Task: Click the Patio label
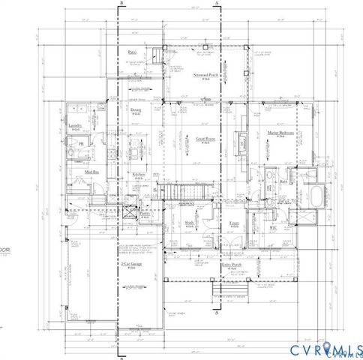point(132,52)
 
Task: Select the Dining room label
point(136,109)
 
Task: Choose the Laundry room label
point(74,125)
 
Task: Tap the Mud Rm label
point(92,172)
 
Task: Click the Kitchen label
point(139,174)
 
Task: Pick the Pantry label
point(145,213)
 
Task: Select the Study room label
point(190,222)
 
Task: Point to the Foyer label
point(233,223)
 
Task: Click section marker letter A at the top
point(217,4)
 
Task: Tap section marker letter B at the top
point(121,4)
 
